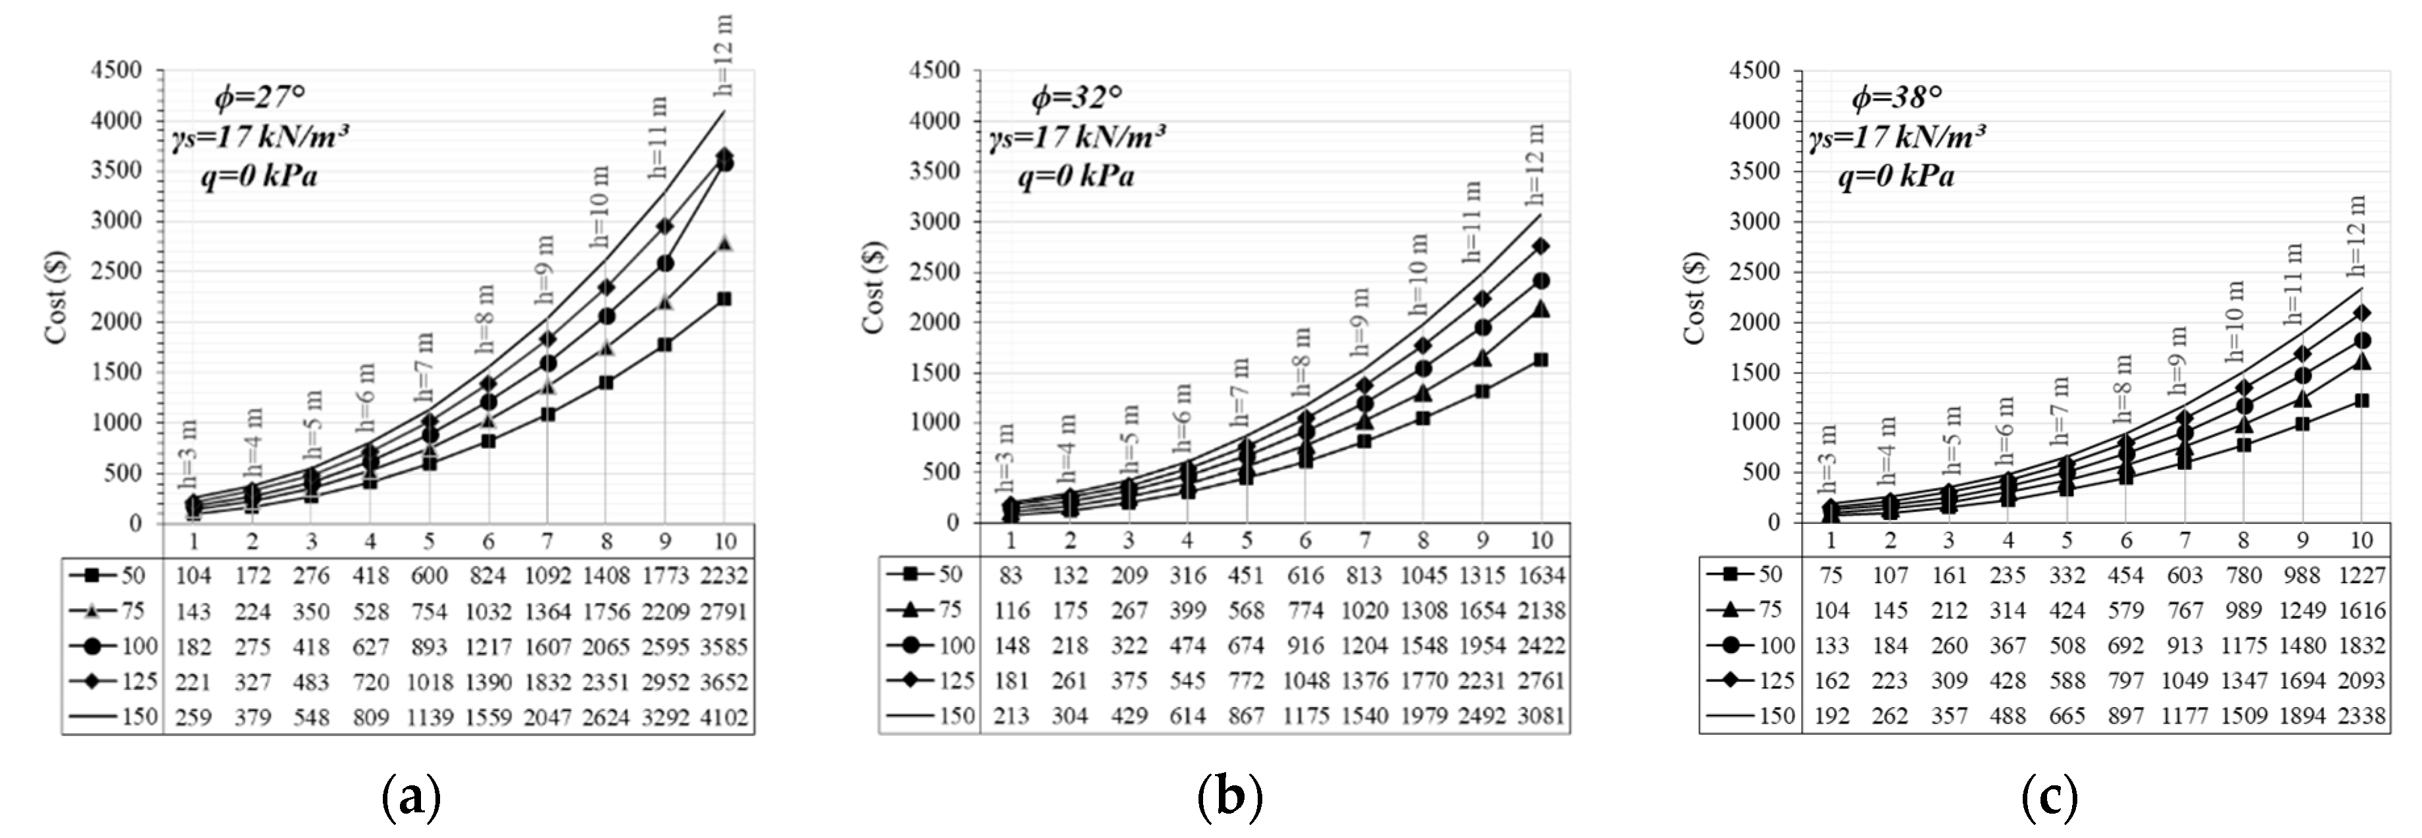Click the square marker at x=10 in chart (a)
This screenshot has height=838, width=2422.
[724, 299]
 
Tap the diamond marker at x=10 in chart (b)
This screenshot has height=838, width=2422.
[1541, 246]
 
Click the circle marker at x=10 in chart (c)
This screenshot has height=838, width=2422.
[2362, 340]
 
